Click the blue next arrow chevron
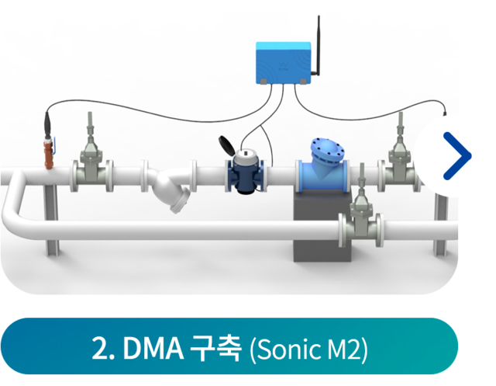tap(457, 155)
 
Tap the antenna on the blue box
tap(317, 46)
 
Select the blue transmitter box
tap(283, 63)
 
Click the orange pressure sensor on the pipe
tap(49, 154)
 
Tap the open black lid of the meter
tap(226, 145)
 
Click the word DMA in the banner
tap(153, 349)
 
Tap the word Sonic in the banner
tap(290, 349)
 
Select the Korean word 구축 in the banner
tap(215, 349)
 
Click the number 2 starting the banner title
tap(99, 349)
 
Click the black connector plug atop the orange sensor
tap(48, 124)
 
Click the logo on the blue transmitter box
tap(282, 66)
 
